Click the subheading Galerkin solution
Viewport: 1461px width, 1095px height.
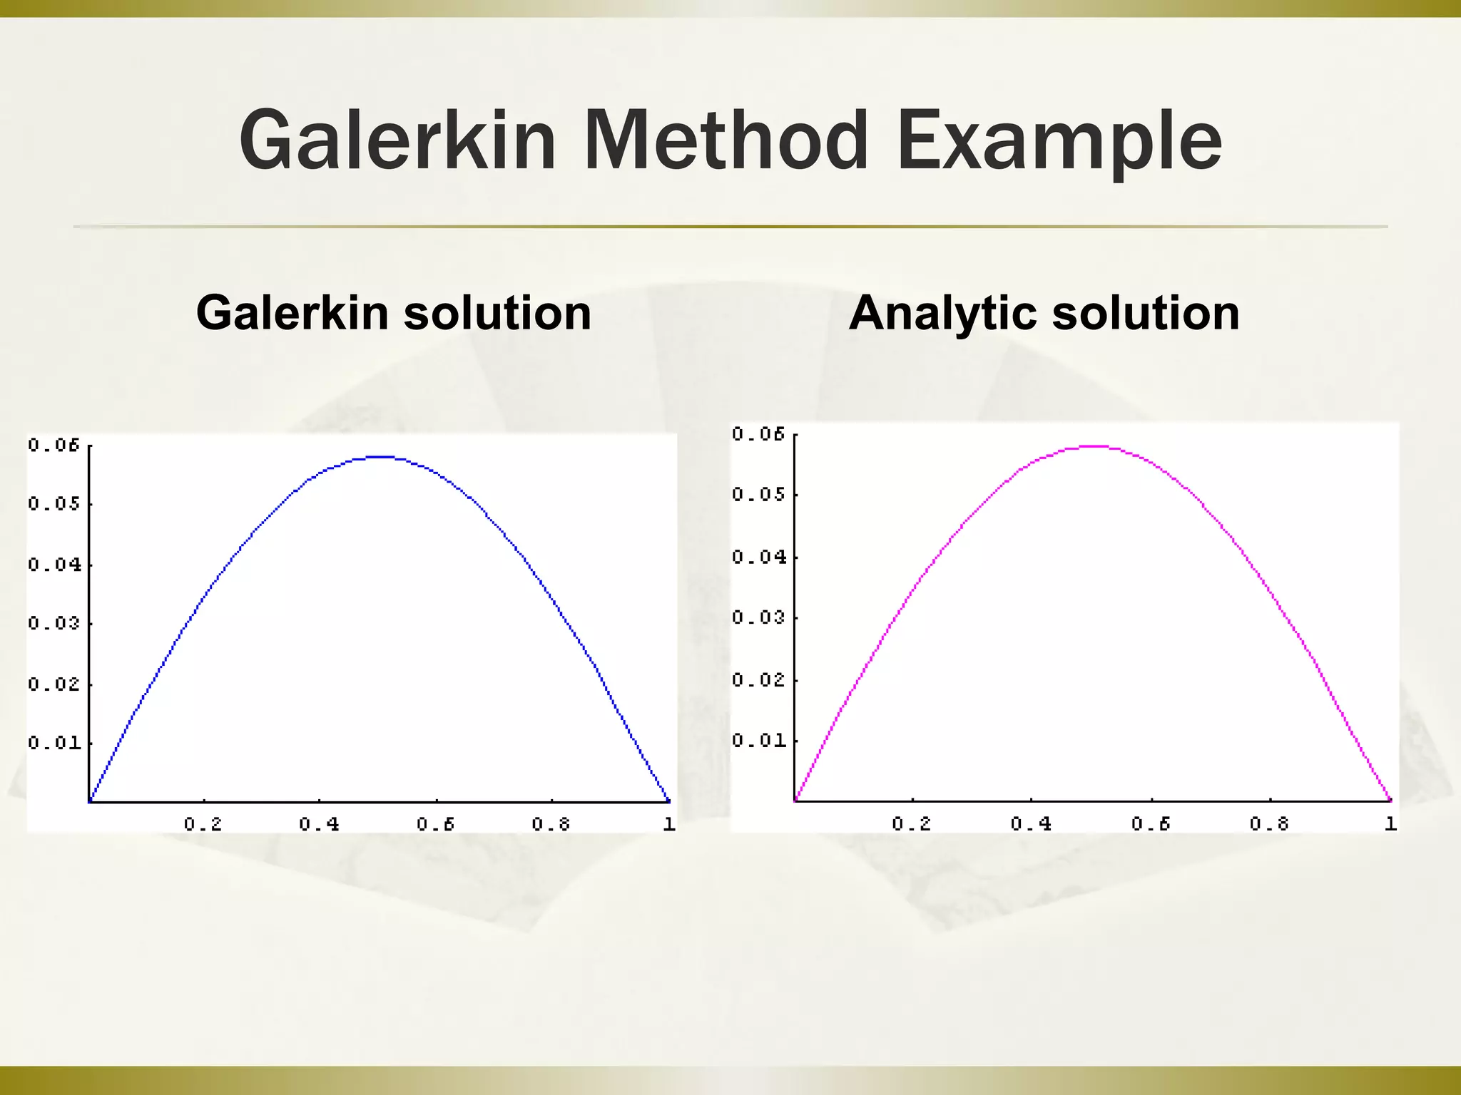pyautogui.click(x=394, y=313)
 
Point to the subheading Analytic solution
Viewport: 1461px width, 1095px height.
pyautogui.click(x=1044, y=313)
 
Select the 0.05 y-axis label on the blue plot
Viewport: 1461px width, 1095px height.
pyautogui.click(x=55, y=504)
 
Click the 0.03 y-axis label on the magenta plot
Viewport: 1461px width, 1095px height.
pyautogui.click(x=759, y=617)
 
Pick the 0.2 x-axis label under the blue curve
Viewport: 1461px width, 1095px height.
pyautogui.click(x=203, y=825)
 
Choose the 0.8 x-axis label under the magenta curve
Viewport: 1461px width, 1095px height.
pyautogui.click(x=1269, y=824)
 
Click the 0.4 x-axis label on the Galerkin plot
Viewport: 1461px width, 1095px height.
pyautogui.click(x=319, y=825)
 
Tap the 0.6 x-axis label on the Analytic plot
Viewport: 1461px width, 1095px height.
pyautogui.click(x=1151, y=824)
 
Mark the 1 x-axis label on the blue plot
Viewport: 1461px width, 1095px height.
pyautogui.click(x=668, y=825)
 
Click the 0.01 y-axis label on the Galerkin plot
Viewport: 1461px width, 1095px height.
pyautogui.click(x=55, y=744)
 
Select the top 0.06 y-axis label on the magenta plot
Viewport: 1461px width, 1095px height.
pyautogui.click(x=759, y=434)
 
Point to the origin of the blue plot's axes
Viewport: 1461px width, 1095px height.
pyautogui.click(x=89, y=801)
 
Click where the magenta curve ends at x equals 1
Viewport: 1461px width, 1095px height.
pyautogui.click(x=1390, y=800)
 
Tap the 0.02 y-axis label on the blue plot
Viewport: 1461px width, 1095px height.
pyautogui.click(x=55, y=684)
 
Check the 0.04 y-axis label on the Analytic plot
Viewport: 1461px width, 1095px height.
pyautogui.click(x=759, y=557)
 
